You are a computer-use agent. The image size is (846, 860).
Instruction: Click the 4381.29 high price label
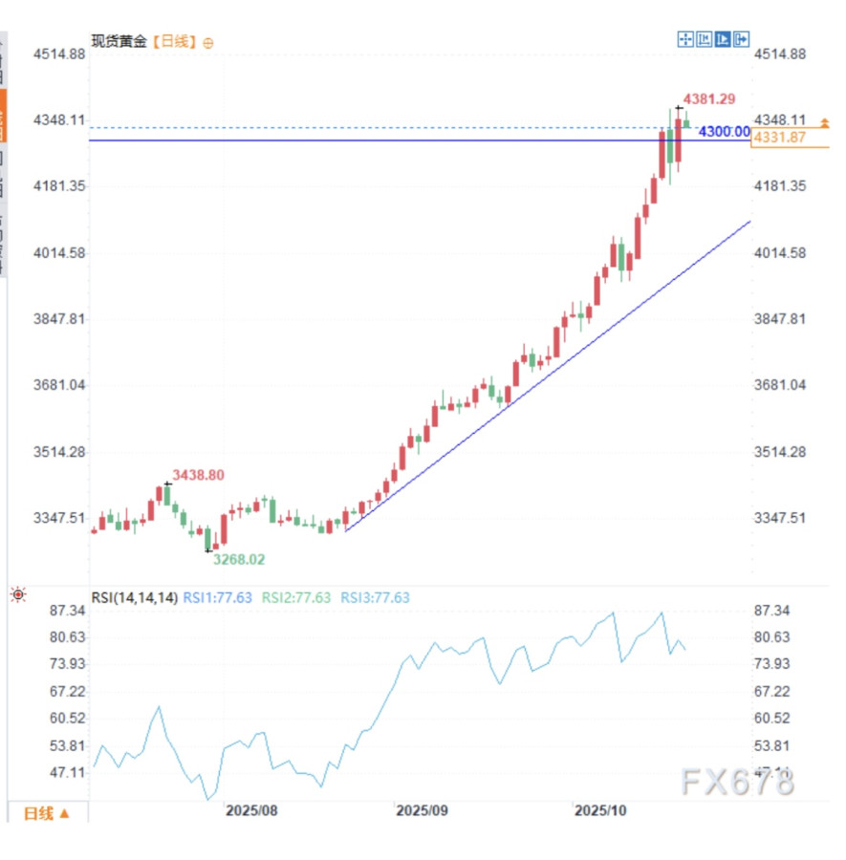click(x=708, y=99)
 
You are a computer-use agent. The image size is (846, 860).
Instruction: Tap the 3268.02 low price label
click(x=239, y=560)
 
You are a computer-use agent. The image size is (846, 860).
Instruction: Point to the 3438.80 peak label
click(x=198, y=475)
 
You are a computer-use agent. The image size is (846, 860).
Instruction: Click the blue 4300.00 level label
click(x=724, y=132)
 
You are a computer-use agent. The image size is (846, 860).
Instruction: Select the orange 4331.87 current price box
click(x=779, y=139)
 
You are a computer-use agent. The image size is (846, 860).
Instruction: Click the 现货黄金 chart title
click(x=119, y=42)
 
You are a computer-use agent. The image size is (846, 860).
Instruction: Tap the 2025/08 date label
click(x=251, y=810)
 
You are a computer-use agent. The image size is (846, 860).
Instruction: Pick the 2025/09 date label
click(x=423, y=810)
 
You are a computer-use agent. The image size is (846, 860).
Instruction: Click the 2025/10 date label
click(x=599, y=810)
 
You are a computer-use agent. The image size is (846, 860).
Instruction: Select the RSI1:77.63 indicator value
click(x=217, y=598)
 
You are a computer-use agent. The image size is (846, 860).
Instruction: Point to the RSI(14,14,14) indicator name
click(x=135, y=598)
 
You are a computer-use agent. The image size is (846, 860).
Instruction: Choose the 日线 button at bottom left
click(x=45, y=813)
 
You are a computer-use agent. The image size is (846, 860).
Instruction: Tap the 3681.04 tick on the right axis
click(x=780, y=385)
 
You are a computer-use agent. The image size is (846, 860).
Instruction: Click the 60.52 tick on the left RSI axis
click(x=67, y=719)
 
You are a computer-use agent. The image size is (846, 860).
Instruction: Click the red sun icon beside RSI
click(x=18, y=595)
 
